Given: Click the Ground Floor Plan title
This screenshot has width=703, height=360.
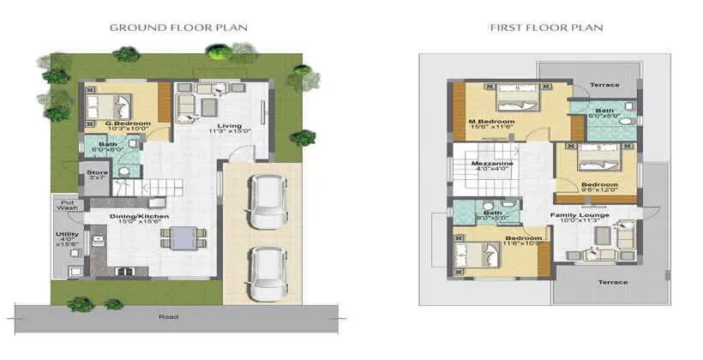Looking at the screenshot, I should (178, 27).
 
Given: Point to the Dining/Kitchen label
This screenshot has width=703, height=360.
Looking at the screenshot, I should (138, 216).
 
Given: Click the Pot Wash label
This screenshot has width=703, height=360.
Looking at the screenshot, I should (66, 205).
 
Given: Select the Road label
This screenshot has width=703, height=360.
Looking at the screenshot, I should (168, 317).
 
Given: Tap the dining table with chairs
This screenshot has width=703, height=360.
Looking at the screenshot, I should (182, 237).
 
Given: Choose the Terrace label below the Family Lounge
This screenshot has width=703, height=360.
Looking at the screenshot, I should (612, 282).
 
